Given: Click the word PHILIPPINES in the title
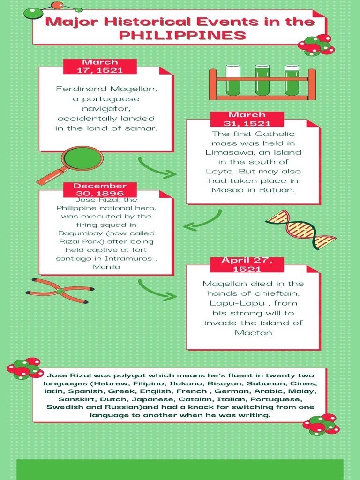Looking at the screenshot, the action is click(x=182, y=35).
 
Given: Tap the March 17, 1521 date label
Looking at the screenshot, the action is click(x=100, y=66).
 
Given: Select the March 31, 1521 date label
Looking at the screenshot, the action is click(x=247, y=119).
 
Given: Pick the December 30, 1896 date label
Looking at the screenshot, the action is click(x=100, y=189).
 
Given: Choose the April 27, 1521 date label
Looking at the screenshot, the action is click(x=247, y=264).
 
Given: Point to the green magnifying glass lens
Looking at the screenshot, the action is click(x=82, y=158).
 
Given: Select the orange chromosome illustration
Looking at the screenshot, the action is click(x=60, y=291).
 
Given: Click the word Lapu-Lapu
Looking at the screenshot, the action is click(x=237, y=303).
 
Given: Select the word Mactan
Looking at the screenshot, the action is click(x=254, y=333).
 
